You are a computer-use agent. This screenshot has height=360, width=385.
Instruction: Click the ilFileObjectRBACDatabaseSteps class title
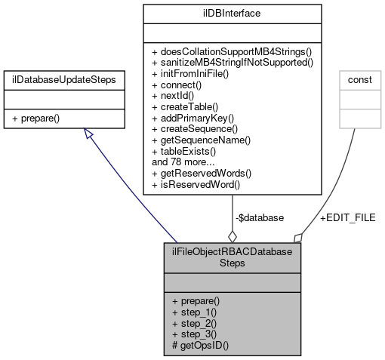[x=233, y=258]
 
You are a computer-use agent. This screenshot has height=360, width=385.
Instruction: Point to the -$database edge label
[x=259, y=217]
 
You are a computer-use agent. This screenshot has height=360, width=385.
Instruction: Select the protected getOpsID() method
[x=199, y=343]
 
